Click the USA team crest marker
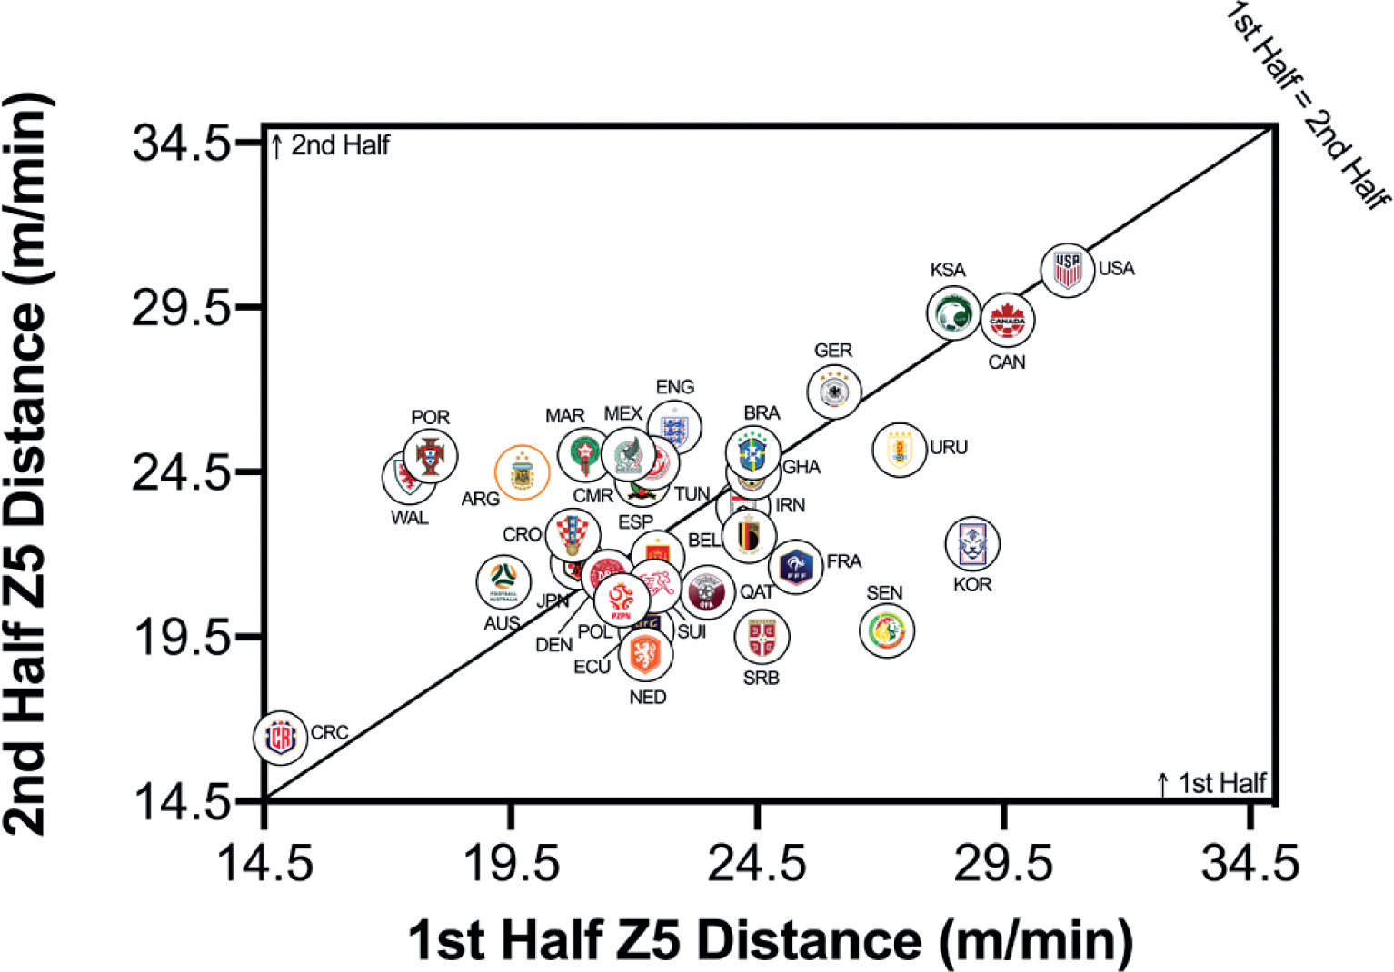point(1067,270)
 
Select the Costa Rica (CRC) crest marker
point(281,738)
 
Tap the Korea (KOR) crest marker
point(972,544)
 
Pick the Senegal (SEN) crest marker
point(886,630)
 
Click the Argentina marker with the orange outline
point(522,472)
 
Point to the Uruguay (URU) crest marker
point(899,449)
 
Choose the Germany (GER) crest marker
point(833,392)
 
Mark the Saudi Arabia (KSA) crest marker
point(954,313)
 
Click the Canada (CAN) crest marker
point(1007,320)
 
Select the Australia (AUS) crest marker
point(503,582)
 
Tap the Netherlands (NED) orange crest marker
point(646,652)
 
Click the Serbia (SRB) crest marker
point(762,637)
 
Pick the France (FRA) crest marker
point(795,567)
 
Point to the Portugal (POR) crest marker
point(431,455)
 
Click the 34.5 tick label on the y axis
point(181,144)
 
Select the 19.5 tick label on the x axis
point(512,862)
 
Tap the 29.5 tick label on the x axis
point(1003,862)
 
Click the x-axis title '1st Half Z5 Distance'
point(771,939)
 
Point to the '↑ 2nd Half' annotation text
point(331,145)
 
